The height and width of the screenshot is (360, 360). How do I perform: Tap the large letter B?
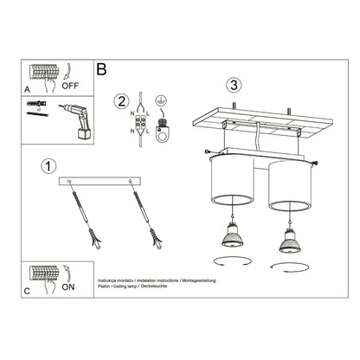pos(102,68)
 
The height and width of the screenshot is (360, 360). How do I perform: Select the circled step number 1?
pos(49,164)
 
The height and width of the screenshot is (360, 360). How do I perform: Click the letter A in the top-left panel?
pos(27,87)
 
